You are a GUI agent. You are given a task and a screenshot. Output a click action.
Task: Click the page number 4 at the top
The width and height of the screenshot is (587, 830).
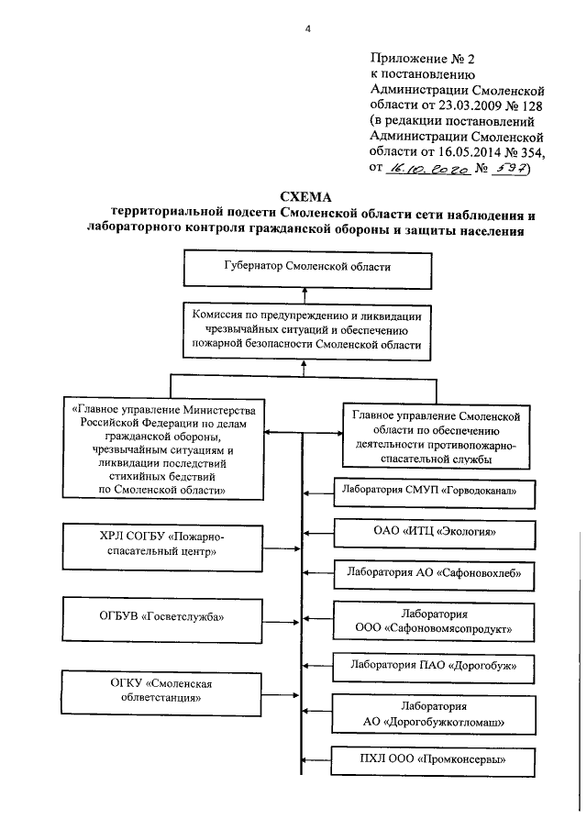[308, 28]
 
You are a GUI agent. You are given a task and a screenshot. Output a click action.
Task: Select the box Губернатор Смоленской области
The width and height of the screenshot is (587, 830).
[307, 270]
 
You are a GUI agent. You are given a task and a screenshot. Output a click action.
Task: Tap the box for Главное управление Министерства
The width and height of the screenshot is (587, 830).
[162, 447]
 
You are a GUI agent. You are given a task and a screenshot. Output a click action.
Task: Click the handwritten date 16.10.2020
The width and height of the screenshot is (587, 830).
[428, 170]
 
